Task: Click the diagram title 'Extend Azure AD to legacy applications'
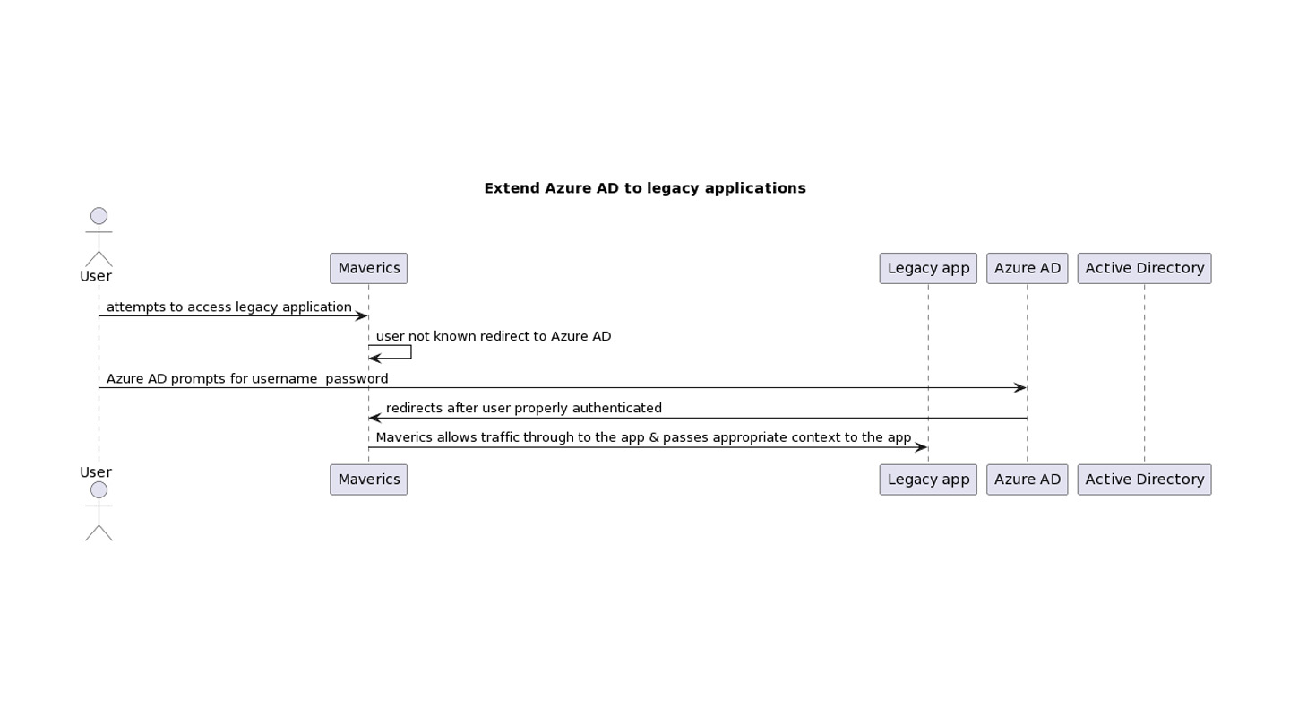pos(645,188)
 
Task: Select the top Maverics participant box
pos(368,269)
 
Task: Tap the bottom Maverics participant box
pos(368,480)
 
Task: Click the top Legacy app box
pos(928,269)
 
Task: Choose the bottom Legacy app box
pos(928,480)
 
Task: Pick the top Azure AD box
pos(1028,269)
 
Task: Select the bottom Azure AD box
pos(1028,480)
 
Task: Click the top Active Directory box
pos(1144,269)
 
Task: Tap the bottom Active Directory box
pos(1144,480)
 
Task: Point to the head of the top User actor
pos(99,216)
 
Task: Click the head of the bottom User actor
pos(99,489)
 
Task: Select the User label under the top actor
pos(96,276)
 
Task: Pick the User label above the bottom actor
pos(96,472)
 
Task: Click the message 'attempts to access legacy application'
pos(228,307)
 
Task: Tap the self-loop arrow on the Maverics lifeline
pos(410,352)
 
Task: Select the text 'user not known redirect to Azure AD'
pos(494,336)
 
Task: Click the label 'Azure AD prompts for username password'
pos(247,379)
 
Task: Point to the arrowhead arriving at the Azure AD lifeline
pos(1019,388)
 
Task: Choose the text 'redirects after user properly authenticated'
pos(524,409)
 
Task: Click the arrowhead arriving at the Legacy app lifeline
pos(921,448)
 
